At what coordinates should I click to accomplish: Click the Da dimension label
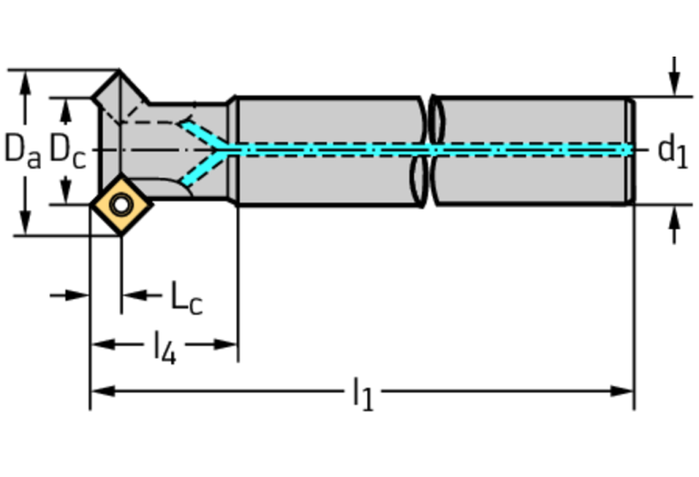click(22, 150)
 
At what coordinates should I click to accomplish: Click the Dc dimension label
click(67, 150)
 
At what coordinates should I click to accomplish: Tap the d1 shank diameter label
click(672, 150)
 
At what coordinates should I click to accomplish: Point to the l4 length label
click(164, 347)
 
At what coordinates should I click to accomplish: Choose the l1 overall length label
click(363, 394)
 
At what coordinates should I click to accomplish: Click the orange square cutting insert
click(119, 205)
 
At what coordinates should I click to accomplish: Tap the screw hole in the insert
click(119, 205)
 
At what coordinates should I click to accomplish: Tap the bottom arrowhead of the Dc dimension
click(66, 195)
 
